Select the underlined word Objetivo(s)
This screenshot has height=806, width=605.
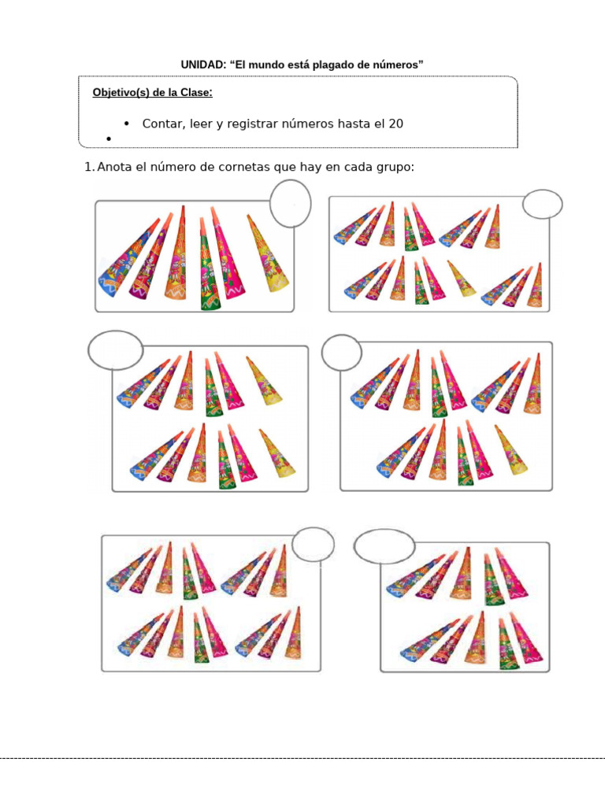tap(121, 93)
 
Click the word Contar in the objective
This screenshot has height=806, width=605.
tap(163, 124)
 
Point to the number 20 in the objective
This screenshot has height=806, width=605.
tap(396, 124)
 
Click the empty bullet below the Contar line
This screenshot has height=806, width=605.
tap(106, 139)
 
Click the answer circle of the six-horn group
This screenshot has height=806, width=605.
tap(290, 202)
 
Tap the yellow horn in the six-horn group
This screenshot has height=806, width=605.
tap(267, 253)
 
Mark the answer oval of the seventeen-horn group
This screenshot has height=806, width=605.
tap(543, 205)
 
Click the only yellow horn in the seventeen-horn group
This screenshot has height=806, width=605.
tap(462, 278)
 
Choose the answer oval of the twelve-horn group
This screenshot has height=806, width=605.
tap(116, 350)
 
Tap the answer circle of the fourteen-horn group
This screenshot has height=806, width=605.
tap(342, 352)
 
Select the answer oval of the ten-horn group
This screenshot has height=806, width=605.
tap(384, 545)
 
